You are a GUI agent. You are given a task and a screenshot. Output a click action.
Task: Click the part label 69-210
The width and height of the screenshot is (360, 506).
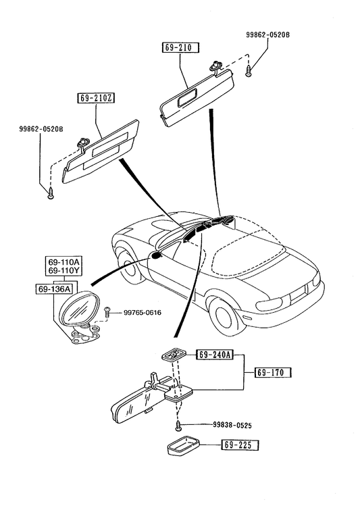click(180, 47)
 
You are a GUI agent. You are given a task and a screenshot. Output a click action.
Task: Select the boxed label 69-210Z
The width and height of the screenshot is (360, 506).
click(96, 98)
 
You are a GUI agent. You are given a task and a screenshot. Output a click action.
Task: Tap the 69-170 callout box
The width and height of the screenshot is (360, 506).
click(273, 372)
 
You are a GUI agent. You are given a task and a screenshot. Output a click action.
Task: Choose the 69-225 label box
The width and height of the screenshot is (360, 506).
click(240, 445)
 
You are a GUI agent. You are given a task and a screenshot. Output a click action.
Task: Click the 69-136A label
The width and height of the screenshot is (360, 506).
click(54, 289)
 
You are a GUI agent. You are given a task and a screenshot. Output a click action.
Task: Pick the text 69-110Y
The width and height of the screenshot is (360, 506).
click(63, 270)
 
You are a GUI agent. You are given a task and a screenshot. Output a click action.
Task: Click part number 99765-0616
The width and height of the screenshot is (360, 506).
click(143, 312)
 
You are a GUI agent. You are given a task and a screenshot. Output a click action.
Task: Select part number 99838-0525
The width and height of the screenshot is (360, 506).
click(232, 426)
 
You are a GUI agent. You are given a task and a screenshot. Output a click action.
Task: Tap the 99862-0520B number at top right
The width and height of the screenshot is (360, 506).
click(267, 34)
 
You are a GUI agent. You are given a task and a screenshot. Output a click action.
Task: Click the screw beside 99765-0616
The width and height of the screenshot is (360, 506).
click(107, 311)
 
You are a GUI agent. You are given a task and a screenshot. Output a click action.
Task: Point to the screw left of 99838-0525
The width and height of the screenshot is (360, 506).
click(178, 426)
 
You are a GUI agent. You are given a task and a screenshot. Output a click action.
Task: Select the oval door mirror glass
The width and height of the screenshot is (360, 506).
click(77, 309)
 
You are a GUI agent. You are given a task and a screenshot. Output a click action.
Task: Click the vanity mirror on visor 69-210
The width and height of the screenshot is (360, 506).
click(186, 98)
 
